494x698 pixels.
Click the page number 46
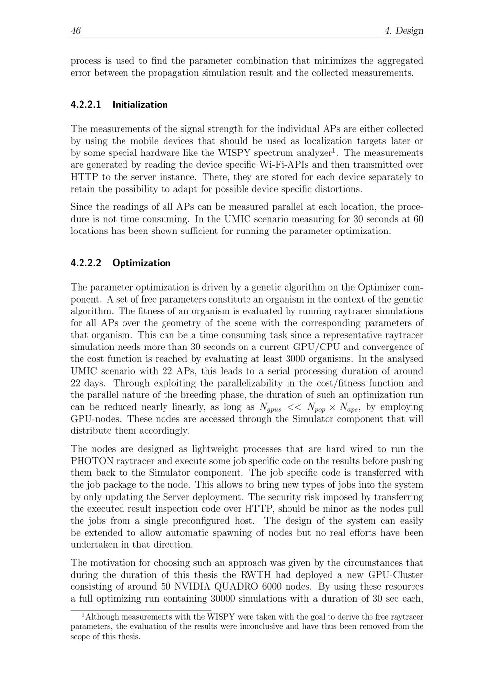point(76,31)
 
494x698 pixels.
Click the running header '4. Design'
point(404,31)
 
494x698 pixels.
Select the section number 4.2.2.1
point(86,104)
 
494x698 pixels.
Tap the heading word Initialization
point(140,104)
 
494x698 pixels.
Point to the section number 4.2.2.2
point(86,263)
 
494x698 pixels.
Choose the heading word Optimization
point(141,263)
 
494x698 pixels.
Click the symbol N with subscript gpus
point(270,408)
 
